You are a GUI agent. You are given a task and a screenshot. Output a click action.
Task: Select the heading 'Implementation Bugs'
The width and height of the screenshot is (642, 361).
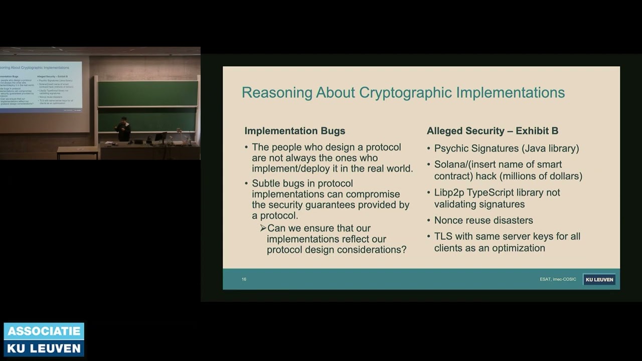(x=294, y=131)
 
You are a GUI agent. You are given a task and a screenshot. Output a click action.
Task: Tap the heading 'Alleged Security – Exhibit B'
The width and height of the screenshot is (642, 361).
(x=492, y=131)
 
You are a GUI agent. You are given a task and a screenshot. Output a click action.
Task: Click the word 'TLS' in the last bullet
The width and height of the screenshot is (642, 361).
(x=443, y=236)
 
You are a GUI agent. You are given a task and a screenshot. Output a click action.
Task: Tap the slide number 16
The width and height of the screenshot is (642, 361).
(x=244, y=279)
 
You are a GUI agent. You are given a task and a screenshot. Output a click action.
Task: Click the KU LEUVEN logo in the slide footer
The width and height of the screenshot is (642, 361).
(x=599, y=280)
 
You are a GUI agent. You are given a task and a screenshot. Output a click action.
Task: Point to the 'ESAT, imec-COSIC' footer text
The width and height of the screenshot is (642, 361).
(x=558, y=279)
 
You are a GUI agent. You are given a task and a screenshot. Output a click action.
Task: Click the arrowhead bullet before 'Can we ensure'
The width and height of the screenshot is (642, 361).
(x=263, y=228)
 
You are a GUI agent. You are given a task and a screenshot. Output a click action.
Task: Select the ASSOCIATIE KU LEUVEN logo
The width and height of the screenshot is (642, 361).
(x=44, y=339)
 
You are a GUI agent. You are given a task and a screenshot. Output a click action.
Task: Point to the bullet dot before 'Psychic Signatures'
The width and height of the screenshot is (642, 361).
(x=429, y=149)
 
